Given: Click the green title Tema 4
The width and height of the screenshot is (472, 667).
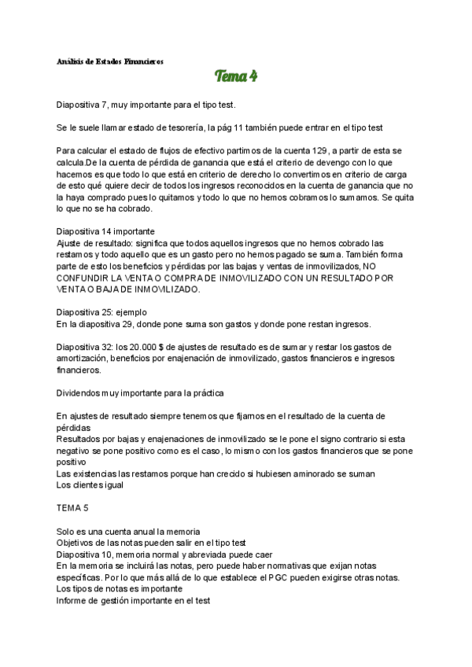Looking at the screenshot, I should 236,76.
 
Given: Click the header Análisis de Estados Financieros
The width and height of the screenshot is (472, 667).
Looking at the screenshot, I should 111,61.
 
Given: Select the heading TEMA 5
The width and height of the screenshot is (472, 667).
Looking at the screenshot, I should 73,509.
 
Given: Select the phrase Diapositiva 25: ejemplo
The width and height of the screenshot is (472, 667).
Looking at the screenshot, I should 101,312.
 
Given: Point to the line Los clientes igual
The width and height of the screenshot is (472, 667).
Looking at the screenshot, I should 90,486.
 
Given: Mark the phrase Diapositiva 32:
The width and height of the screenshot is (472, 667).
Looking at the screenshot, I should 83,347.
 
